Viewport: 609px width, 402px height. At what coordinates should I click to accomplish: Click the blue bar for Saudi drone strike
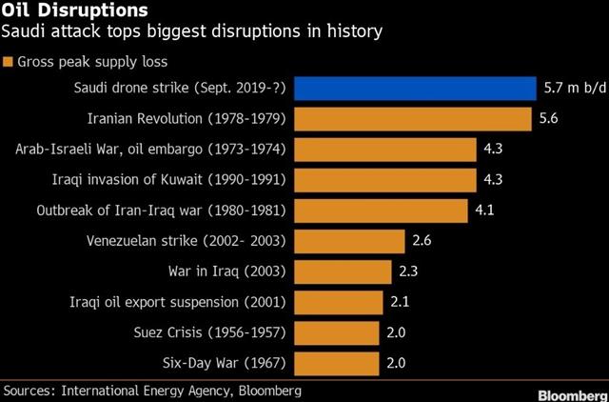pyautogui.click(x=415, y=89)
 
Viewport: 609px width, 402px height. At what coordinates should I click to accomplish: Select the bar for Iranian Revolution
pyautogui.click(x=412, y=119)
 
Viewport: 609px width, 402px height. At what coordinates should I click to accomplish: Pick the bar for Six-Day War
pyautogui.click(x=337, y=363)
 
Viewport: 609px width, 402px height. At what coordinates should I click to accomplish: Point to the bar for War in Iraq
pyautogui.click(x=343, y=271)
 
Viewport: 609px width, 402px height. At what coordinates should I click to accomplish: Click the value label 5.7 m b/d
pyautogui.click(x=571, y=90)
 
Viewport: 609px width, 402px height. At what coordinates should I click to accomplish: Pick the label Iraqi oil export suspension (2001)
pyautogui.click(x=170, y=302)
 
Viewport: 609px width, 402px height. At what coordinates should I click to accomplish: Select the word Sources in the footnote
pyautogui.click(x=30, y=391)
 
